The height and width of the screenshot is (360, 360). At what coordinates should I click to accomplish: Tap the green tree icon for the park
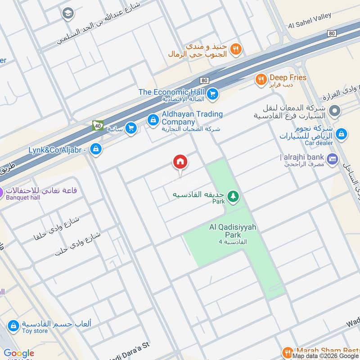click(x=233, y=196)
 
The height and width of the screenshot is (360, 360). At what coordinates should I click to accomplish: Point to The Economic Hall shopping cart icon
click(x=213, y=94)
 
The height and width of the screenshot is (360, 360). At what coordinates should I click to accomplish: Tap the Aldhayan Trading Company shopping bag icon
click(x=153, y=120)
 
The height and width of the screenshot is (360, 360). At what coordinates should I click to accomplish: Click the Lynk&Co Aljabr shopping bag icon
click(x=95, y=149)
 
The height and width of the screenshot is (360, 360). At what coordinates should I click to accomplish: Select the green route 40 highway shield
click(x=97, y=126)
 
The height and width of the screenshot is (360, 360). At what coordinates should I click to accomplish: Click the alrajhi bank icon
click(x=333, y=158)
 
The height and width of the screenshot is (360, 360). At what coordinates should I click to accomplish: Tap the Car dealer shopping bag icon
click(x=342, y=134)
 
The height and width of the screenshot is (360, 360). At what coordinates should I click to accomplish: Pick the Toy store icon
click(x=13, y=325)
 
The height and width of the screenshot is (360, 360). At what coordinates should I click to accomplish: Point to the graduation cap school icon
click(x=68, y=13)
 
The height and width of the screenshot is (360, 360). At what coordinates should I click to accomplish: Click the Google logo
click(x=19, y=353)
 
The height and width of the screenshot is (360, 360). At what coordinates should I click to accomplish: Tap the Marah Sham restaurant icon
click(x=288, y=352)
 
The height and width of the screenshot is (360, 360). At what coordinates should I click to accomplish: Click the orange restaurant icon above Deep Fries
click(x=236, y=49)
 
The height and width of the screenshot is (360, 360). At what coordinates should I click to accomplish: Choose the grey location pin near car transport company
click(x=334, y=110)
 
